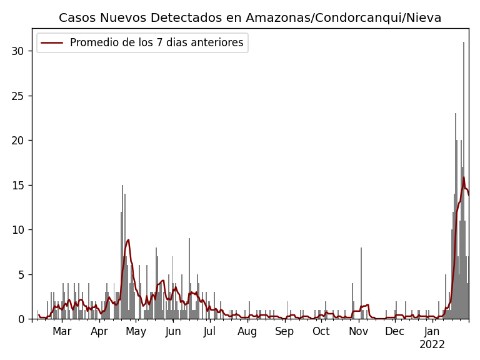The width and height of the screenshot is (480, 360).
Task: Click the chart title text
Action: (250, 17)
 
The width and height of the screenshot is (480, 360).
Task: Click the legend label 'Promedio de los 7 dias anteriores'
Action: (156, 42)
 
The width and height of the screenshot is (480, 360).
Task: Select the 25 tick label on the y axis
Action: (18, 96)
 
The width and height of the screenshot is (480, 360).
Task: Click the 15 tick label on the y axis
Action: (18, 185)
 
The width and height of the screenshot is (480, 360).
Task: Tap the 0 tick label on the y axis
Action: (21, 319)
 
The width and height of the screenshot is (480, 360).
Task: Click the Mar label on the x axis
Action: (62, 331)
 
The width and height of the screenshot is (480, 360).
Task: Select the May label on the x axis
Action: (136, 331)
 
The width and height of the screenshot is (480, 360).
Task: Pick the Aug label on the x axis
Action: (247, 331)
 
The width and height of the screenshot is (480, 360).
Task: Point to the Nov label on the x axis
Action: (358, 331)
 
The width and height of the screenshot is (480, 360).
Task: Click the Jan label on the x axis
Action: (432, 331)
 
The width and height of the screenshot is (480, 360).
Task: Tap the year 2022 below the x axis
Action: (432, 344)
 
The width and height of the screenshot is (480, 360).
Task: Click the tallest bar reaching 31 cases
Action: (463, 187)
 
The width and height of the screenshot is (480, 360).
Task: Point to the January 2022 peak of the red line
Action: (464, 177)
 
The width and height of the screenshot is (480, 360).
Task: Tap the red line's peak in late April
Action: (128, 239)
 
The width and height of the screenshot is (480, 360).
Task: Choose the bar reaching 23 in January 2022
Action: (456, 219)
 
